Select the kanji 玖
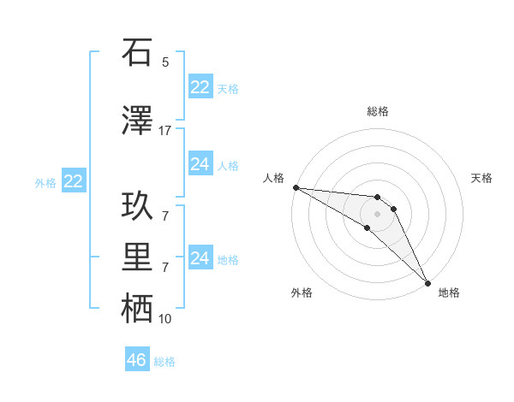tap(138, 205)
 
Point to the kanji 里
tap(138, 257)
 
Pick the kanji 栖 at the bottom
tap(138, 309)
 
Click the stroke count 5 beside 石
tap(165, 62)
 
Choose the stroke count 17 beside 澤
tap(165, 131)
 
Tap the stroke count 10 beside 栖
tap(165, 319)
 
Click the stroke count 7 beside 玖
tap(165, 216)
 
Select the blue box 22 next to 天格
tap(200, 87)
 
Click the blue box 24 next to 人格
tap(200, 164)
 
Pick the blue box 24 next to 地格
tap(200, 258)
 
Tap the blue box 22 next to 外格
tap(74, 181)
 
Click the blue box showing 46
tap(137, 360)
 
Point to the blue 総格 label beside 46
tap(164, 362)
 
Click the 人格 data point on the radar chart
tap(296, 187)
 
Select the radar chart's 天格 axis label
tap(482, 178)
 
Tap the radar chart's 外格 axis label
tap(302, 293)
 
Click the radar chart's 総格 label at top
tap(378, 111)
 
